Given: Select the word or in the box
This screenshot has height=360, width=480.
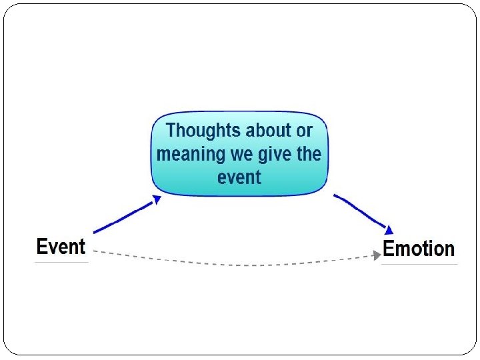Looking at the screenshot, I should click(x=304, y=131).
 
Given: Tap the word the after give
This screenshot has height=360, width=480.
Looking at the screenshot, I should click(x=309, y=154).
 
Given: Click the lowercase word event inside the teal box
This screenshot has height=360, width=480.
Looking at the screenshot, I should click(x=239, y=177).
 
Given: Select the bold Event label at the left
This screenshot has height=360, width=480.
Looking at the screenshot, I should click(x=61, y=247).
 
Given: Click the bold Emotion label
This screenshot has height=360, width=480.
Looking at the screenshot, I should click(x=419, y=249).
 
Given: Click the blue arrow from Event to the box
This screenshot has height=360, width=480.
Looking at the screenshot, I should click(x=123, y=216).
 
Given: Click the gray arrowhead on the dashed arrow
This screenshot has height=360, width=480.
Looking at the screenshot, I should click(x=377, y=255).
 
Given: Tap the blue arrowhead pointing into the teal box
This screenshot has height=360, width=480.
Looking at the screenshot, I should click(x=157, y=199).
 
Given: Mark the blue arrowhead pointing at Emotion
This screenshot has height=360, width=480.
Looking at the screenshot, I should click(x=389, y=230).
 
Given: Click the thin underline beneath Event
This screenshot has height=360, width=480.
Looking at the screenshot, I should click(x=61, y=262).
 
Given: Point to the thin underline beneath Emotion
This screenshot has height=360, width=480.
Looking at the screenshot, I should click(x=419, y=264).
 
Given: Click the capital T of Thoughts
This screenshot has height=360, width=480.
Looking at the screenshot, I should click(x=171, y=130).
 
